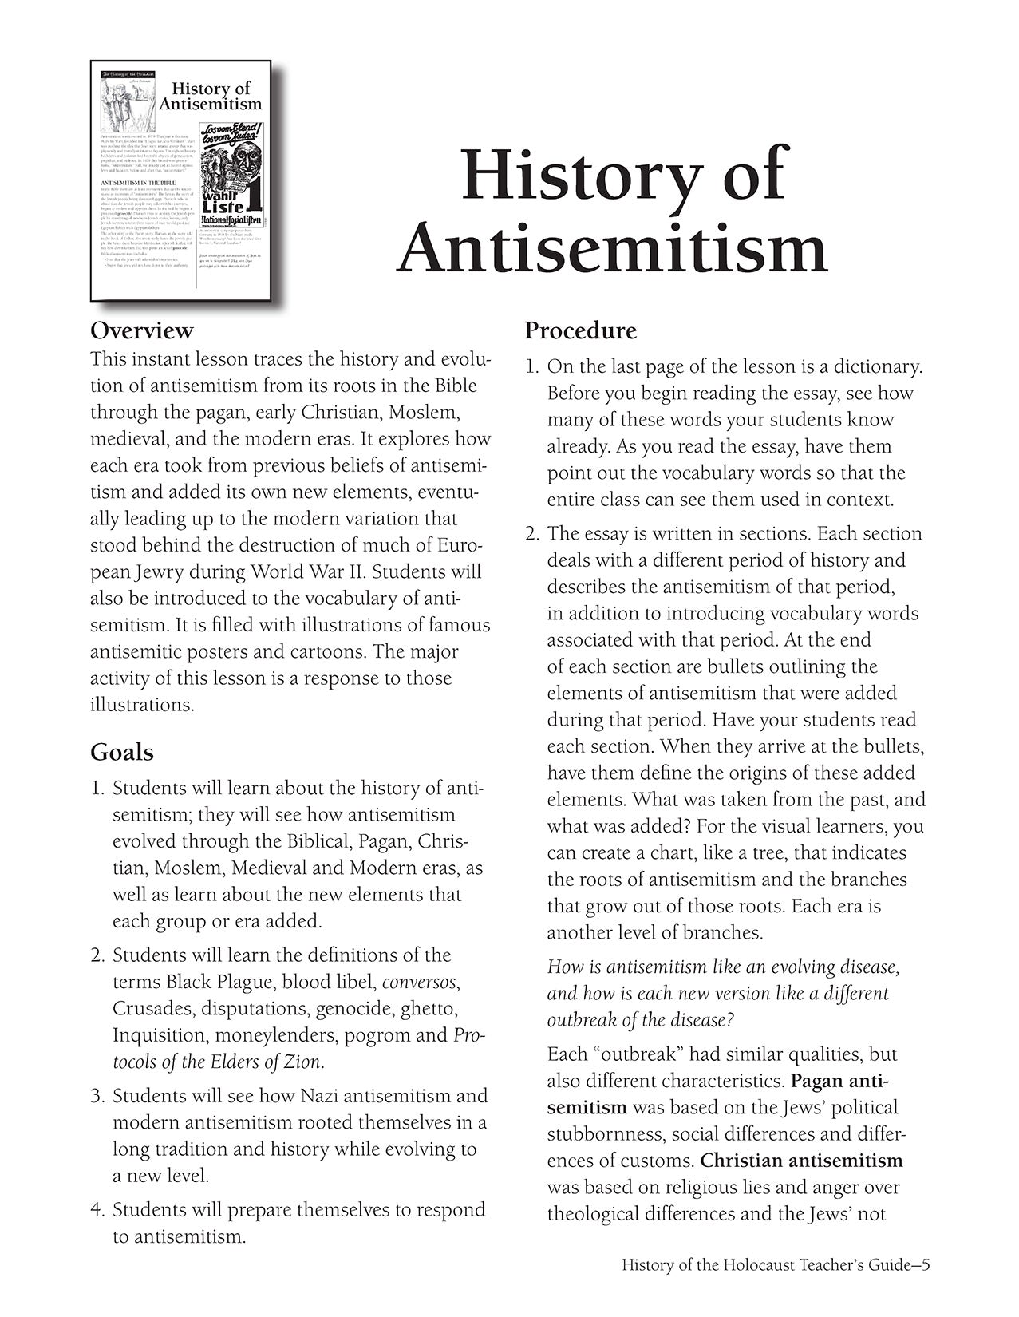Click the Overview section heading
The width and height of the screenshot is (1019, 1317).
(142, 330)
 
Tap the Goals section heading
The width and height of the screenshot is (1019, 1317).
(122, 752)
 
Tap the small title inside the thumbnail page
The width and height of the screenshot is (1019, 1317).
(211, 97)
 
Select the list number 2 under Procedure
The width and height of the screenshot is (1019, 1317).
(531, 534)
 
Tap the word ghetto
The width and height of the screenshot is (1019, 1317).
(431, 1009)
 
